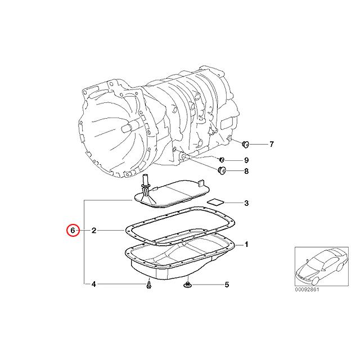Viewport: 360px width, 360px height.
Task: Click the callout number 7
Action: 272,145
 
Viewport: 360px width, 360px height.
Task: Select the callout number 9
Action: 246,161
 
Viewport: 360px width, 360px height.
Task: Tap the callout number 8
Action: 246,171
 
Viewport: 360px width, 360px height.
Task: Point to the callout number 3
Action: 246,202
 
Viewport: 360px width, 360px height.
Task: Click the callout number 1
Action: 246,245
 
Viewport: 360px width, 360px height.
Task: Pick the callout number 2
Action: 94,230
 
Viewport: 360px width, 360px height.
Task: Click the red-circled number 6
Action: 72,230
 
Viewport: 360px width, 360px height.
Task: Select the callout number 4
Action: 94,285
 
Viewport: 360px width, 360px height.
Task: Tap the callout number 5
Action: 227,285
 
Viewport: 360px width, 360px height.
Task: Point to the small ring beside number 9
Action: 222,161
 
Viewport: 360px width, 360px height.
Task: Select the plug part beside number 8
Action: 222,170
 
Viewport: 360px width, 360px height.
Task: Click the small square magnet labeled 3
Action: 215,201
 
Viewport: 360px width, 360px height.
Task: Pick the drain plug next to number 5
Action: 188,286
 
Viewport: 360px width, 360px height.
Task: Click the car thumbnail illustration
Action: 318,266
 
